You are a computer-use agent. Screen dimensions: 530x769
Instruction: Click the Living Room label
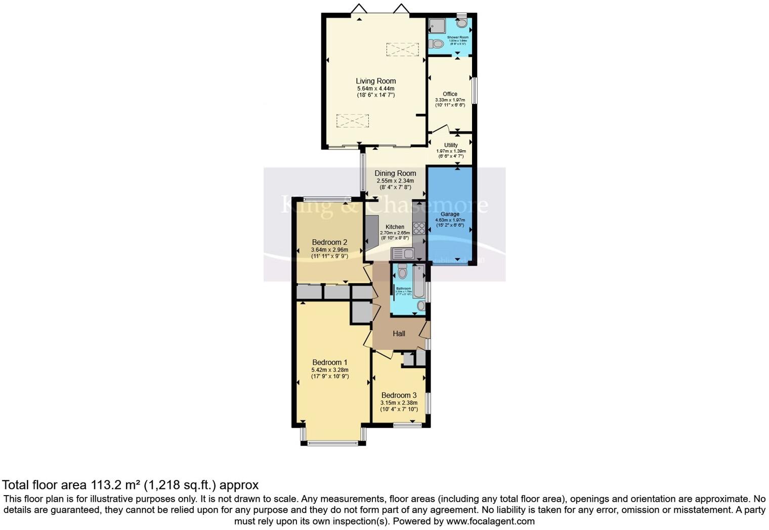(x=375, y=81)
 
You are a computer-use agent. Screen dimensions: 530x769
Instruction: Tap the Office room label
(x=450, y=94)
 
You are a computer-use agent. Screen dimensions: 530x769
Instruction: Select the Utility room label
(x=451, y=145)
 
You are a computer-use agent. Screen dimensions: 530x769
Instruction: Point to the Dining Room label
(x=395, y=173)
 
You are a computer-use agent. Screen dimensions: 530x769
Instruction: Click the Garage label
(x=450, y=214)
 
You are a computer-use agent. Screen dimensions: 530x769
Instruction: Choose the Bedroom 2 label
(x=329, y=242)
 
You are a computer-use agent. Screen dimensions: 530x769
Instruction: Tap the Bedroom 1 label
(x=330, y=362)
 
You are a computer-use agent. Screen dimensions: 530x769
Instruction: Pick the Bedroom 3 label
(x=399, y=395)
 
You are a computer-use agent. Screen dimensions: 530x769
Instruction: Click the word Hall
(x=399, y=334)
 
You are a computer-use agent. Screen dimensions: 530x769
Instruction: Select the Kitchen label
(x=395, y=227)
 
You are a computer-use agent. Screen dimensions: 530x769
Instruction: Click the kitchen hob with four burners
(x=419, y=228)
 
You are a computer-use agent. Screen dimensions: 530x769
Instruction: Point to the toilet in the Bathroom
(x=402, y=273)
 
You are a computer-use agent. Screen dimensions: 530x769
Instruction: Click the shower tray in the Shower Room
(x=436, y=26)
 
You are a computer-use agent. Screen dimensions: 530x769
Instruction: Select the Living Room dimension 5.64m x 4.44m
(x=375, y=89)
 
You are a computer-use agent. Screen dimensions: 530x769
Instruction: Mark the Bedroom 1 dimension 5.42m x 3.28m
(x=330, y=370)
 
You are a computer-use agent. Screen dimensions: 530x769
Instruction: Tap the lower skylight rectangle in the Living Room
(x=353, y=121)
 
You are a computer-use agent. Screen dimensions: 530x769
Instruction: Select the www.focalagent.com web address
(x=490, y=521)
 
